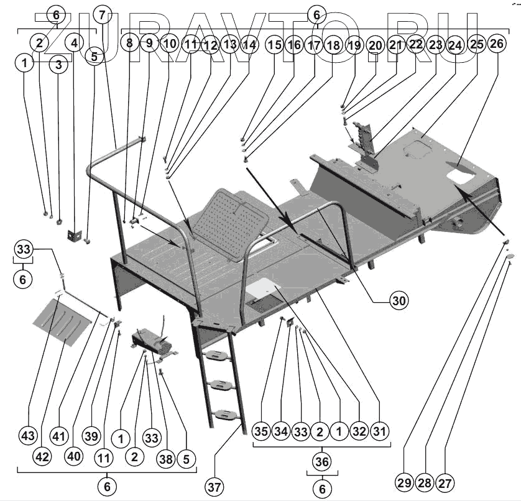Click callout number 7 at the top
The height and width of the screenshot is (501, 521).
(103, 13)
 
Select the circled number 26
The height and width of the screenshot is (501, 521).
(496, 44)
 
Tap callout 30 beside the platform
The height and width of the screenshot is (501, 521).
(400, 300)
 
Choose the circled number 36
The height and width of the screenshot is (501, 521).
(322, 462)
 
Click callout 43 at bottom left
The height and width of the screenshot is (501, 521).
(27, 436)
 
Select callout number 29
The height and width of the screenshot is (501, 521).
(403, 483)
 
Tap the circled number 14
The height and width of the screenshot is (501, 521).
(249, 44)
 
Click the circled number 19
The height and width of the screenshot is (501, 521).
(354, 44)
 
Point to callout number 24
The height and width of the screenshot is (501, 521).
(455, 44)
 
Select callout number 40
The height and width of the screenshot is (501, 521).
(74, 456)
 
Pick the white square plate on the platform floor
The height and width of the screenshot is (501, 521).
(261, 287)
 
